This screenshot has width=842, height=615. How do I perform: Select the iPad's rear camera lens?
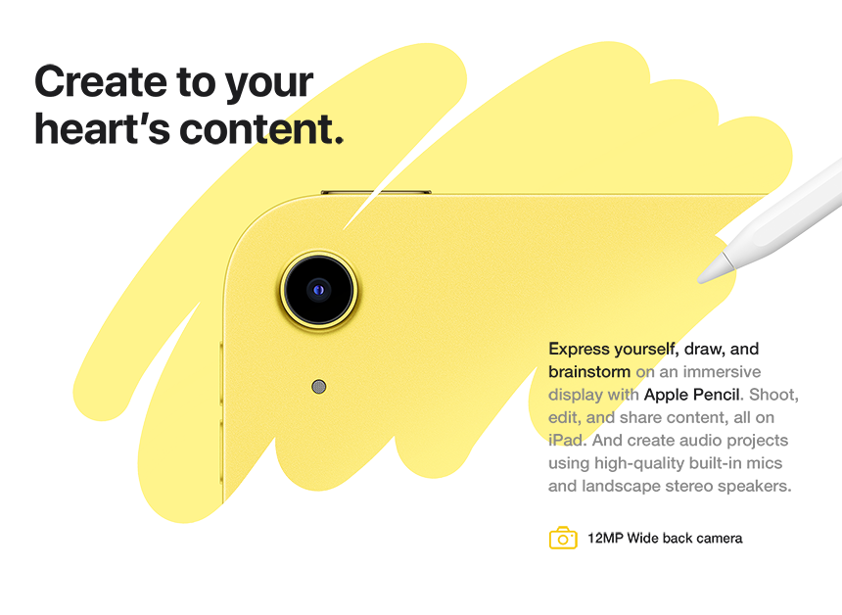(x=319, y=289)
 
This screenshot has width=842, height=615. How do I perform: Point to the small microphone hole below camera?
(x=318, y=387)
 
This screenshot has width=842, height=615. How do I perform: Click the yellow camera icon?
(x=563, y=538)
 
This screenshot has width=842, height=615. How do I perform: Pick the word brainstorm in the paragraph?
(x=589, y=372)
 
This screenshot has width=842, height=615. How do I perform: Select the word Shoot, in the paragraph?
(x=775, y=395)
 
